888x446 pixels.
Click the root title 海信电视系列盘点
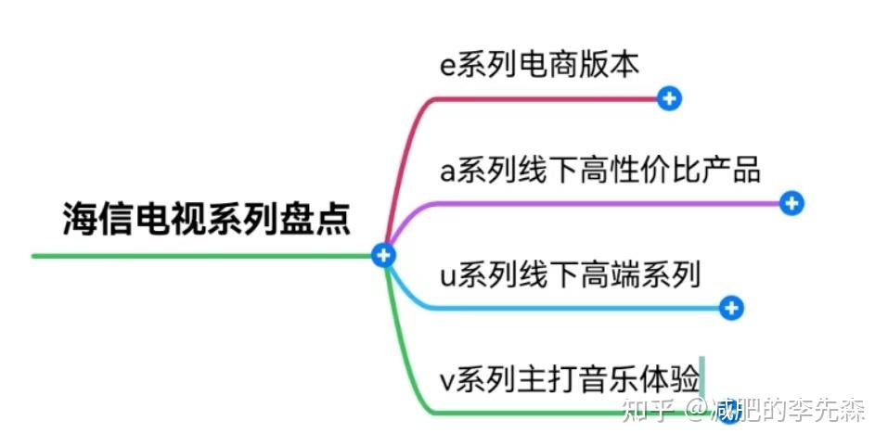[x=206, y=219]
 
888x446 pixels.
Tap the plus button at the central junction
[x=382, y=255]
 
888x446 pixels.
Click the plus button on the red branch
[x=669, y=98]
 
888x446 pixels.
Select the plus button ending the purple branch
[x=791, y=203]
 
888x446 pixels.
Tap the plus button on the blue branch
[x=732, y=308]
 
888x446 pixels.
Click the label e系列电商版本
[x=539, y=64]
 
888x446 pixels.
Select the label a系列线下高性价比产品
[x=599, y=170]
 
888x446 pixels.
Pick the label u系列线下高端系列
[x=570, y=274]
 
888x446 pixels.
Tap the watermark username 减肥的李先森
[x=789, y=409]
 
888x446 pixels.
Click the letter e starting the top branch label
[x=448, y=66]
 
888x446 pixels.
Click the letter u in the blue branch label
[x=448, y=276]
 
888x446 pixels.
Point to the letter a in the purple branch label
[x=448, y=172]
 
